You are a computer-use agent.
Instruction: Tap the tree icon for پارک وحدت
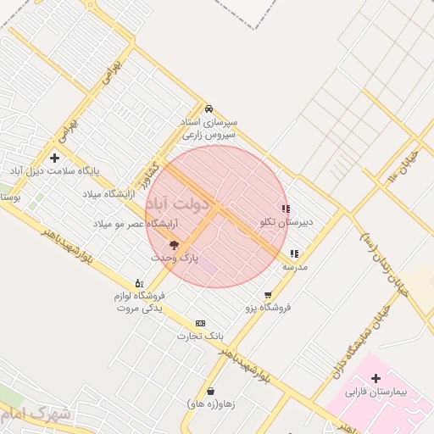pos(175,245)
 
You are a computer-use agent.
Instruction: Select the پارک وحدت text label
pos(175,257)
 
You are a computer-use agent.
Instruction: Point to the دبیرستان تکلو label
pos(287,222)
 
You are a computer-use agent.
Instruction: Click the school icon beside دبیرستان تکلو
pos(286,209)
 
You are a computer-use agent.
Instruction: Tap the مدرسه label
pos(294,267)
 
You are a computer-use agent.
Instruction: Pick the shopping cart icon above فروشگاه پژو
pos(268,295)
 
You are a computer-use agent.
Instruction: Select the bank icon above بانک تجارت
pos(200,323)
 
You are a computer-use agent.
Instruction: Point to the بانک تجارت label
pos(193,336)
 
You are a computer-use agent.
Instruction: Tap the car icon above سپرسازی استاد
pos(209,108)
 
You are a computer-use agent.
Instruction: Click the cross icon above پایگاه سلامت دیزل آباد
pos(55,158)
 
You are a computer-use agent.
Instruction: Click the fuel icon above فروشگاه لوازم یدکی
pos(139,283)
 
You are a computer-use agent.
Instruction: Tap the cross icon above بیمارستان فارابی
pos(376,378)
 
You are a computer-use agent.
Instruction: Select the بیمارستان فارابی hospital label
pos(377,393)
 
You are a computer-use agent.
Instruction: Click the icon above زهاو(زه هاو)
pos(210,391)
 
